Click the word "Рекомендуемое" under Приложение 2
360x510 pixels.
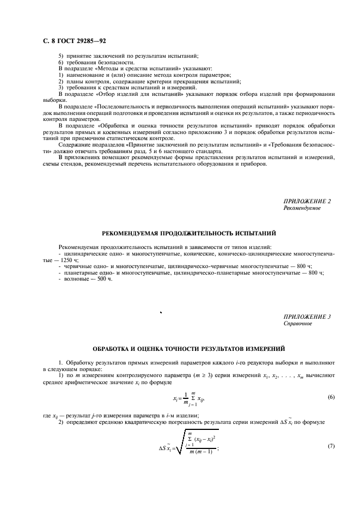[x=302, y=208]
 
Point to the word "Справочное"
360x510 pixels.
[x=298, y=323]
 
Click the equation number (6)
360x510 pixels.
[x=331, y=397]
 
